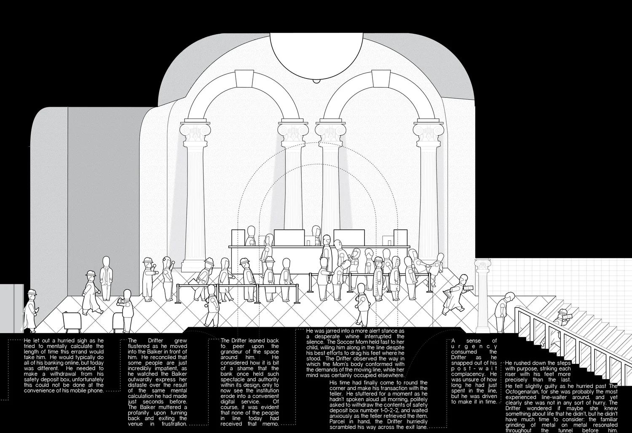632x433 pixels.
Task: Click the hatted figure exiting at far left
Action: pyautogui.click(x=31, y=310)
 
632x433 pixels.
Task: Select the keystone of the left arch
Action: pyautogui.click(x=244, y=79)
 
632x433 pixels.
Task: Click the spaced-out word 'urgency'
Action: pyautogui.click(x=474, y=346)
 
